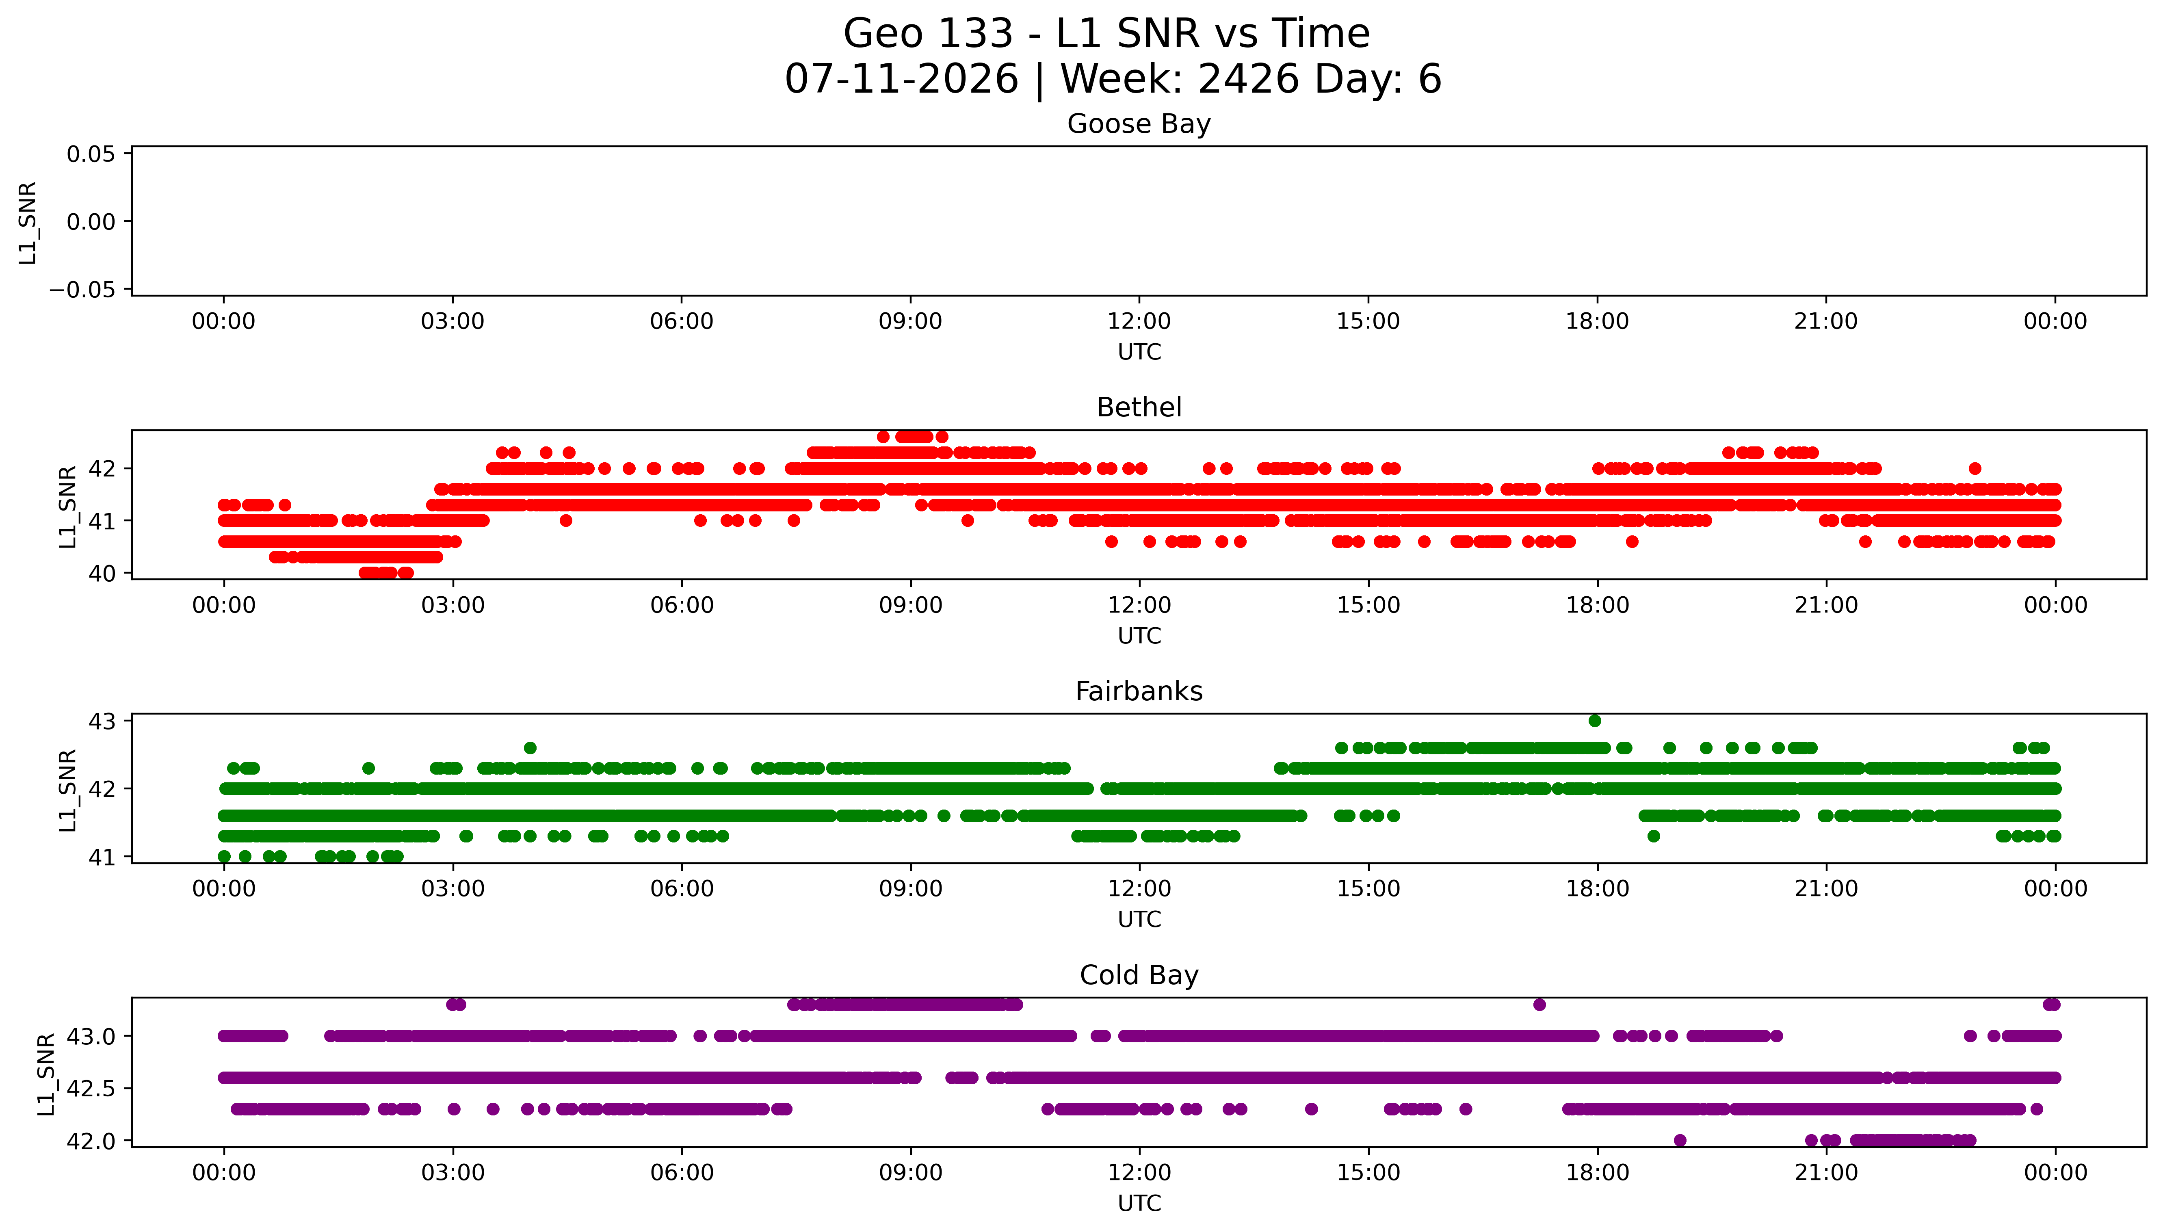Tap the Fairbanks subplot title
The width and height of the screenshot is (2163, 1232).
point(1139,691)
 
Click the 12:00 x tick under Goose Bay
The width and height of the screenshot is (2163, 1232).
point(1139,322)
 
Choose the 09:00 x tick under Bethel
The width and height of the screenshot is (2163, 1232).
point(910,605)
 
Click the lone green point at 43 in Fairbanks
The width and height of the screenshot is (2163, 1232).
point(1595,721)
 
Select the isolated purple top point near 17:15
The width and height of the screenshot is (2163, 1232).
point(1539,1005)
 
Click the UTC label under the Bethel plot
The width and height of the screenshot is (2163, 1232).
point(1139,635)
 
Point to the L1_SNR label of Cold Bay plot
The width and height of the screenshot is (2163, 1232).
point(47,1073)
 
